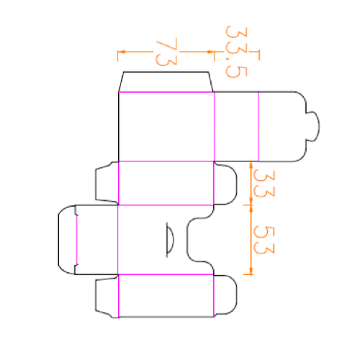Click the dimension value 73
point(166,52)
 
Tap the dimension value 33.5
point(236,52)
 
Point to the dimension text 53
point(264,240)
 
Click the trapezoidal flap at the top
point(166,82)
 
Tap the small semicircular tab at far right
point(313,126)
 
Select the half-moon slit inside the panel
point(170,240)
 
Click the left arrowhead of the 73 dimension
point(122,52)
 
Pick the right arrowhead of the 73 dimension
point(210,52)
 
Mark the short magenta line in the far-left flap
point(77,240)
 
